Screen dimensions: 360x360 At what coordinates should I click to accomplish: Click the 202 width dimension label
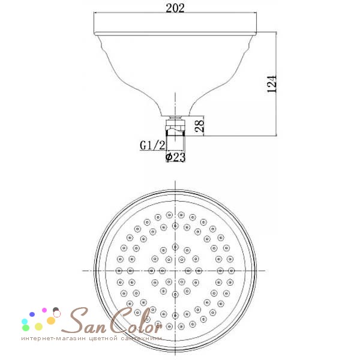pyautogui.click(x=175, y=8)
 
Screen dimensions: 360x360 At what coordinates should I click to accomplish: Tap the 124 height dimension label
pyautogui.click(x=272, y=83)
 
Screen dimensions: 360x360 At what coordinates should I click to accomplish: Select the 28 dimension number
pyautogui.click(x=199, y=126)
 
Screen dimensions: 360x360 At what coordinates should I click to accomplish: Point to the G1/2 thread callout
pyautogui.click(x=152, y=145)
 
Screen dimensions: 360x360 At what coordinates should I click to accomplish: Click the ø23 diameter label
pyautogui.click(x=175, y=157)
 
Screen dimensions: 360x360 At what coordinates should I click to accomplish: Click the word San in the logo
pyautogui.click(x=84, y=320)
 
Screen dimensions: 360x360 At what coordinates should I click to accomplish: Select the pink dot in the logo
pyautogui.click(x=44, y=310)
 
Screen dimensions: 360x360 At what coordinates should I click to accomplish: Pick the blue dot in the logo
pyautogui.click(x=32, y=314)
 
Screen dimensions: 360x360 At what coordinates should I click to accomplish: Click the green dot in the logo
pyautogui.click(x=26, y=328)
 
